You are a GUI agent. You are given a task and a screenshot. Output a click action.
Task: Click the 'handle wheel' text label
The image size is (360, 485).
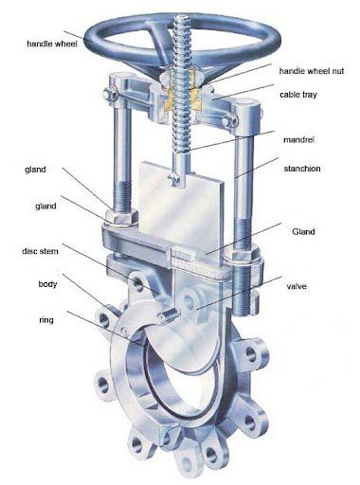point(52,44)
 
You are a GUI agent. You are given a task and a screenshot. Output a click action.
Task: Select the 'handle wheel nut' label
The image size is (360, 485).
point(312,71)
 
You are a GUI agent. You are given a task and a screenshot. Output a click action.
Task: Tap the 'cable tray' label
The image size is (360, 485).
point(298,95)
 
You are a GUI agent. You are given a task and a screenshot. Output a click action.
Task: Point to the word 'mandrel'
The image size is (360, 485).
point(298,139)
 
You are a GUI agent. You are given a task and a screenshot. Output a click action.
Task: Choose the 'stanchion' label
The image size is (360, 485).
point(302,169)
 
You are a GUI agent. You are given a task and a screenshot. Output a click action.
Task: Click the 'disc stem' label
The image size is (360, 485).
point(40,251)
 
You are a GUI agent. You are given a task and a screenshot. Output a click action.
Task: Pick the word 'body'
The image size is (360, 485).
point(47,284)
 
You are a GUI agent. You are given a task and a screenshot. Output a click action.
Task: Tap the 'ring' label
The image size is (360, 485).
point(46,320)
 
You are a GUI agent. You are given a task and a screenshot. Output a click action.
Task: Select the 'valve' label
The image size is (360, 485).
point(297,286)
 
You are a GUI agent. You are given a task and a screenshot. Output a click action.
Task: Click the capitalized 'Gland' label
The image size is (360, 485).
point(303,232)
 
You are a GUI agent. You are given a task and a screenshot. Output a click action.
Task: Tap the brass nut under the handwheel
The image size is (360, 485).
point(183,92)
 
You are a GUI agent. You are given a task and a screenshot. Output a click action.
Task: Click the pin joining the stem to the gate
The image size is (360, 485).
point(172,181)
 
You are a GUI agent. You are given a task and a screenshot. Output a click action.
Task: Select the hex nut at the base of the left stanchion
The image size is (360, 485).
point(121,218)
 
